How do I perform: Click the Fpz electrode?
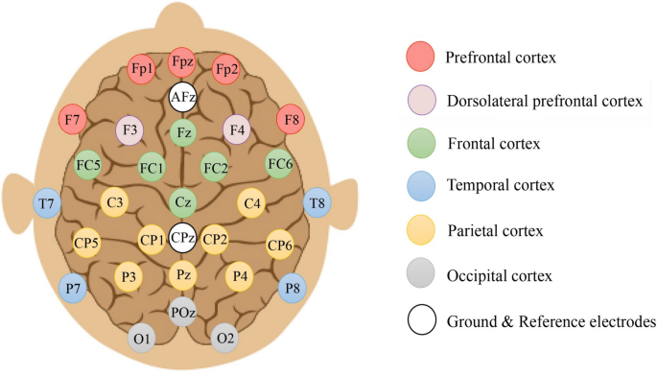click(x=182, y=63)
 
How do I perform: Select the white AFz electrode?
click(x=182, y=96)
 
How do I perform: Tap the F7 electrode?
click(x=70, y=120)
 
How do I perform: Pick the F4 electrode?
click(x=237, y=129)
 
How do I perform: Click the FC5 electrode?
click(x=88, y=162)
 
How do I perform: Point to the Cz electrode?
click(x=182, y=202)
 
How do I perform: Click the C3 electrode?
click(x=115, y=202)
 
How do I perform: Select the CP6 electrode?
click(x=280, y=244)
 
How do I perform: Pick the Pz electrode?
click(x=182, y=276)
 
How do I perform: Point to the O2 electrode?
click(x=225, y=338)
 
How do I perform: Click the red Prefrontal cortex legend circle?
click(x=421, y=57)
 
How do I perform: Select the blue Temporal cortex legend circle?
click(x=421, y=188)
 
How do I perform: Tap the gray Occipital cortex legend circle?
click(x=421, y=276)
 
